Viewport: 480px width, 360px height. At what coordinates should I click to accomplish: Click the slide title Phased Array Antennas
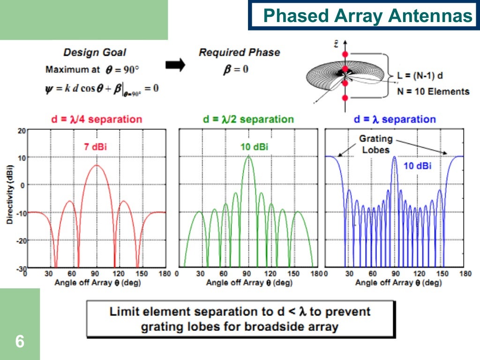click(x=367, y=16)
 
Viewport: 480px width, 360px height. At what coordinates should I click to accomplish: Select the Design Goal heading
click(x=95, y=52)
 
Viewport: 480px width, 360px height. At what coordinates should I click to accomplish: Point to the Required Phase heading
click(x=239, y=52)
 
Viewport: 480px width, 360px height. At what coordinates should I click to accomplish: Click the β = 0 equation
click(x=235, y=69)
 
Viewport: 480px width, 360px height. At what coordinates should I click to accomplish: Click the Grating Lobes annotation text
click(x=376, y=144)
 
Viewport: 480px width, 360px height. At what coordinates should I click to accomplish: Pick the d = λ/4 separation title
click(x=96, y=119)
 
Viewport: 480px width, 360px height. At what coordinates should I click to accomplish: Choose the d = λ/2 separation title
click(x=248, y=119)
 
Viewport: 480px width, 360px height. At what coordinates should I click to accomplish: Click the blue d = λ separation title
click(x=395, y=119)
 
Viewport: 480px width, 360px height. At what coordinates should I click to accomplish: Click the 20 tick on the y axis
click(x=22, y=130)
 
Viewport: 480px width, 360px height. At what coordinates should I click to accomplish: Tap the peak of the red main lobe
click(x=97, y=165)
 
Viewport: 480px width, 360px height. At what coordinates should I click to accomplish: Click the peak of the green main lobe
click(x=248, y=157)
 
